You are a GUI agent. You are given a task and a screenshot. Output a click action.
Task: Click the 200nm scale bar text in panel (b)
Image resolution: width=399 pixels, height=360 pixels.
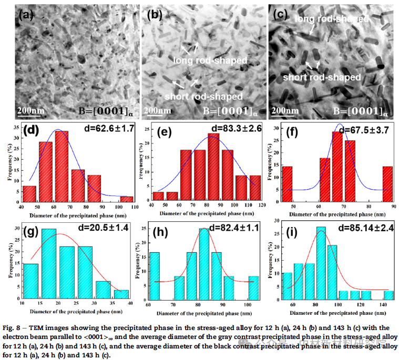(x=158, y=110)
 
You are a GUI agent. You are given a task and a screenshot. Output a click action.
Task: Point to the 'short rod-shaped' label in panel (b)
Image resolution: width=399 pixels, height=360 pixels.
(x=203, y=97)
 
